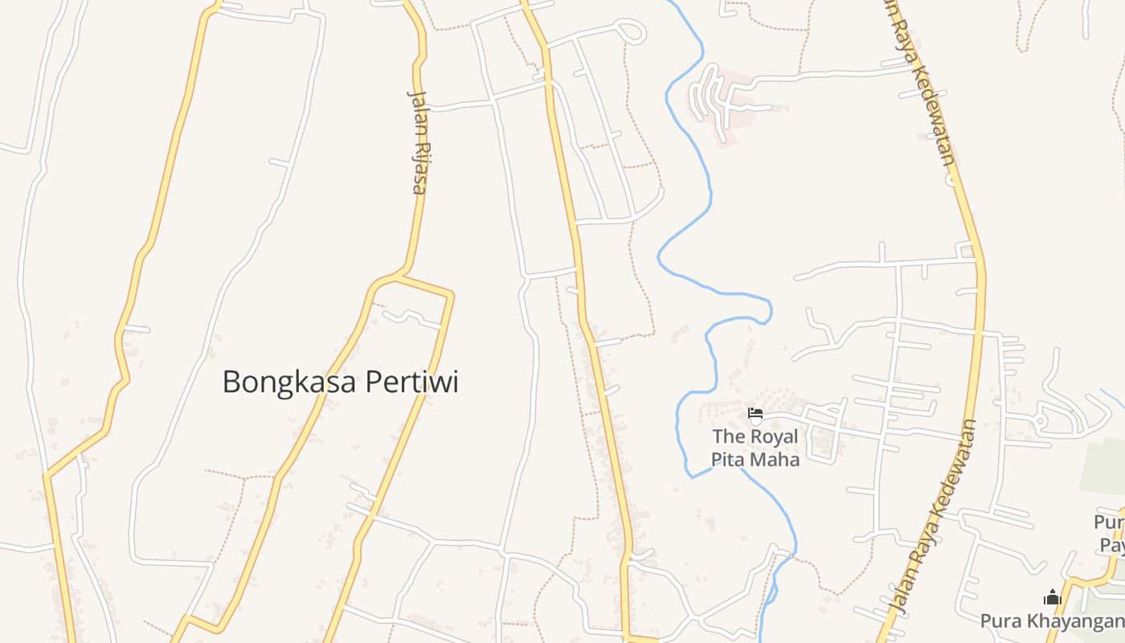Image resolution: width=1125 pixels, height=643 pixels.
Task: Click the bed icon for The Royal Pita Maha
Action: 755,414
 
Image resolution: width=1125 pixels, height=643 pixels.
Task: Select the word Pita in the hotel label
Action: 728,459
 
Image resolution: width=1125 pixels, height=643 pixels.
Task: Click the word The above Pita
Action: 729,436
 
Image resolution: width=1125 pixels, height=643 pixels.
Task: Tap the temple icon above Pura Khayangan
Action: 1052,597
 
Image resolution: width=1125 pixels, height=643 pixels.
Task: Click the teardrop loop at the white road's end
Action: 632,32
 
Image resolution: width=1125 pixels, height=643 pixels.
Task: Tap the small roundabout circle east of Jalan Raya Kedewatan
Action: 1040,420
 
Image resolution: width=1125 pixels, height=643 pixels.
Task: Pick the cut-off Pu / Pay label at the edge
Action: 1110,534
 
